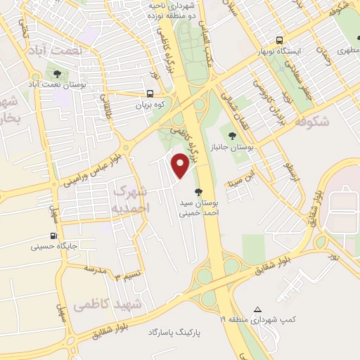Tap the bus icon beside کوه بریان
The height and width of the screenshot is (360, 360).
[x=150, y=94]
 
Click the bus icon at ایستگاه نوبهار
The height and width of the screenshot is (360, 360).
[x=280, y=40]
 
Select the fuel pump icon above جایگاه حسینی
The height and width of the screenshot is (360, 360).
[x=53, y=236]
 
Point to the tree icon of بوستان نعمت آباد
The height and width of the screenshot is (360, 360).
[x=57, y=73]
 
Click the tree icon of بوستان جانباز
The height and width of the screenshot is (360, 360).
[x=232, y=135]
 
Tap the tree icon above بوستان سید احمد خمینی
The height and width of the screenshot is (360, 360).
[x=198, y=191]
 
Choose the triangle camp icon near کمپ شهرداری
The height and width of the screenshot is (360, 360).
[x=258, y=309]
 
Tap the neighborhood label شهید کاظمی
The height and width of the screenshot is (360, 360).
[x=107, y=304]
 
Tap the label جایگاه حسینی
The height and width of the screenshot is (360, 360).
[x=53, y=247]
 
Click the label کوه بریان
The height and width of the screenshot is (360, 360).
[x=150, y=105]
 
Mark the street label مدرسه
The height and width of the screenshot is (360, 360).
[x=94, y=269]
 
